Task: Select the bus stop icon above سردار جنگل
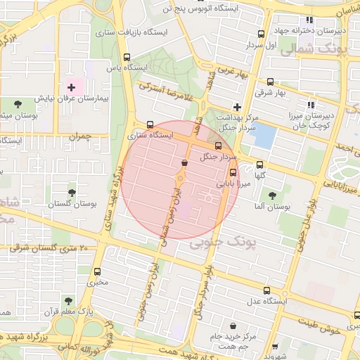(x=217, y=146)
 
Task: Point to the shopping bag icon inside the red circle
(x=184, y=163)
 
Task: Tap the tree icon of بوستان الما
(x=272, y=195)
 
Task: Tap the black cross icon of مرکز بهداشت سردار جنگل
(x=238, y=107)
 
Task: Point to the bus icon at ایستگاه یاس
(x=127, y=57)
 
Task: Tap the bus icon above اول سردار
(x=262, y=33)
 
